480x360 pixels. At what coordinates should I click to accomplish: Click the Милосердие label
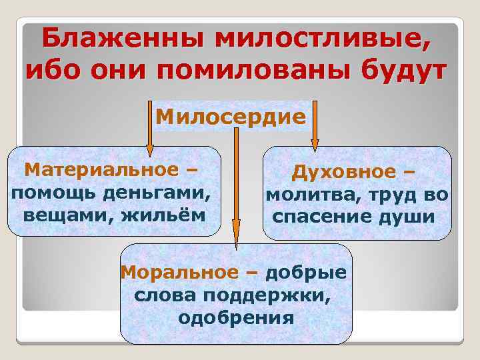point(231,117)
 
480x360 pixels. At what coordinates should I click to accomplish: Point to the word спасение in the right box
point(321,217)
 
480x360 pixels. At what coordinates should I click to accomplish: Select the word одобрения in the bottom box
point(236,317)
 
